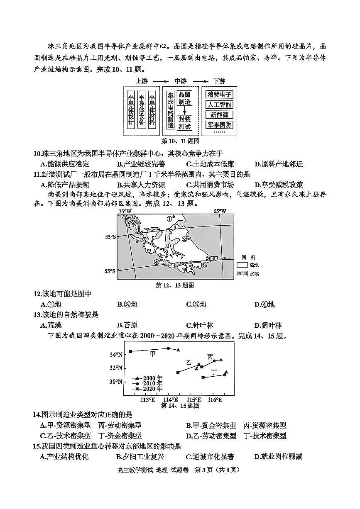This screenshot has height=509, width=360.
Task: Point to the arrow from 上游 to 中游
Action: tap(161, 81)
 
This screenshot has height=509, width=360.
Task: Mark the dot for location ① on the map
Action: tap(174, 217)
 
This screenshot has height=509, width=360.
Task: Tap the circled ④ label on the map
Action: tap(156, 262)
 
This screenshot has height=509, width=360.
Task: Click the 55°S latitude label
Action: tap(110, 271)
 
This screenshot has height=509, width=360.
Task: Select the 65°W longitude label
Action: tap(220, 211)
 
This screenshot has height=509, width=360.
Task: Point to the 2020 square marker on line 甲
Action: tap(130, 351)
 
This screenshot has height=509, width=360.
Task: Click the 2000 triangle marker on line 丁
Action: tap(226, 372)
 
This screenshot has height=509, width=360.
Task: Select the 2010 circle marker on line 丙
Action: tap(214, 361)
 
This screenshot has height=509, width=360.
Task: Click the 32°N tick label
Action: tap(116, 368)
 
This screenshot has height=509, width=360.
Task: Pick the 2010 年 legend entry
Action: tap(142, 383)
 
